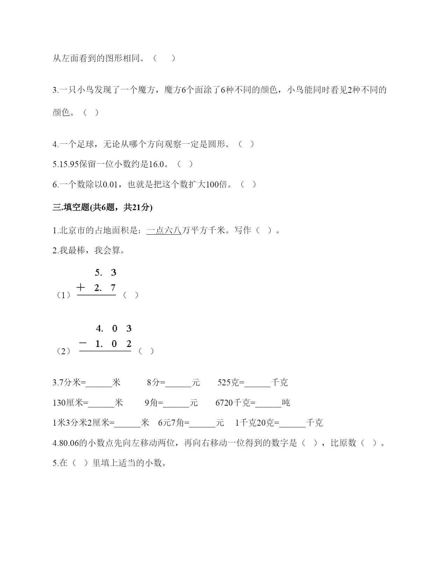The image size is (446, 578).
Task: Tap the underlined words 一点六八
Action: [x=164, y=230]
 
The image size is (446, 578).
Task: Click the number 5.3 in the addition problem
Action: [x=105, y=273]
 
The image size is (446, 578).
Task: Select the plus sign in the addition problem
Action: [x=81, y=288]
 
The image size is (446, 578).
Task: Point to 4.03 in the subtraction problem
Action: [x=113, y=329]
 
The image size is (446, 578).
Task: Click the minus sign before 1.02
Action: [x=83, y=344]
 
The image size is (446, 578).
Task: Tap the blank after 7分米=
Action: [x=99, y=383]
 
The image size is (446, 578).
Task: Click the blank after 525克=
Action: [x=257, y=383]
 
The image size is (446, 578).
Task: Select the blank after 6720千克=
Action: [x=268, y=403]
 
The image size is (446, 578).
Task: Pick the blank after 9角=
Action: [x=176, y=403]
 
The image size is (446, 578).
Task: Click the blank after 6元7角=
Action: [x=202, y=423]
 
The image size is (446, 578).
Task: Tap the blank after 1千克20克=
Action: [x=292, y=423]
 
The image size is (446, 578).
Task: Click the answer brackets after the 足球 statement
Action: [x=246, y=144]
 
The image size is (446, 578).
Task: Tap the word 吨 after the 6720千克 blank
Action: [x=286, y=403]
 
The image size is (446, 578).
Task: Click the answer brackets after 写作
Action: [x=264, y=230]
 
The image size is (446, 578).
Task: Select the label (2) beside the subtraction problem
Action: [x=63, y=351]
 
